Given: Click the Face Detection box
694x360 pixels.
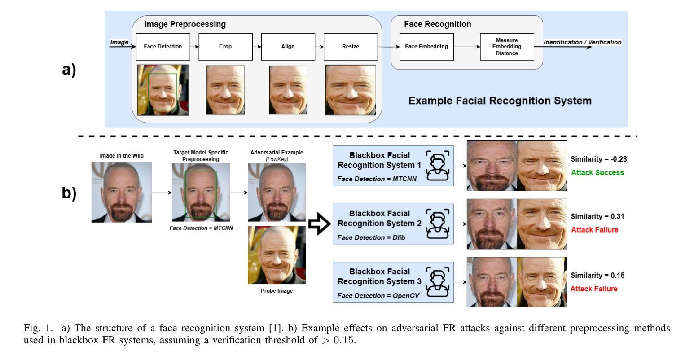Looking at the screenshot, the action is coord(163,47).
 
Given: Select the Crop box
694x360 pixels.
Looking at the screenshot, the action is coord(225,47).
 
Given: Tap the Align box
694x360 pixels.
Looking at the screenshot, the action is coord(288,47).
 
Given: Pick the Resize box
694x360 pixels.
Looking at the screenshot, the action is coord(350,47).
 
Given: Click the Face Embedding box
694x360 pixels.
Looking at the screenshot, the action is coord(426,47).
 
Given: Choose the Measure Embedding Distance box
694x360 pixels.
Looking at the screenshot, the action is coord(507,47).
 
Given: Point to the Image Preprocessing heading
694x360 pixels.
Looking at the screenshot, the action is coord(185,24).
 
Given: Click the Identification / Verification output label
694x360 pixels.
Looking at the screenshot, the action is coord(582,42).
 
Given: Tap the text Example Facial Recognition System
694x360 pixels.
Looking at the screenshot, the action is coord(500,101).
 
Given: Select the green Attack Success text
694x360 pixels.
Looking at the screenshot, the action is coord(597,172).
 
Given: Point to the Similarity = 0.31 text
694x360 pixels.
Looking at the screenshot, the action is coord(597,216).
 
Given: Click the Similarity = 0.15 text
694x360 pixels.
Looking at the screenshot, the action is coord(597,275).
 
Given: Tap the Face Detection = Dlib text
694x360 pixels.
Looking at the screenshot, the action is coord(371,237).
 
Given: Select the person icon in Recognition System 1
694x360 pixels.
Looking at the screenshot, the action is coord(437,165).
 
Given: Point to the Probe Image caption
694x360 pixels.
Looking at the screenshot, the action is coord(277,291).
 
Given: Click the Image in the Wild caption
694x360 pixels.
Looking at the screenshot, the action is coord(121,156).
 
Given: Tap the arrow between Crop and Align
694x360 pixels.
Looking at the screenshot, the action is coord(256,46).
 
